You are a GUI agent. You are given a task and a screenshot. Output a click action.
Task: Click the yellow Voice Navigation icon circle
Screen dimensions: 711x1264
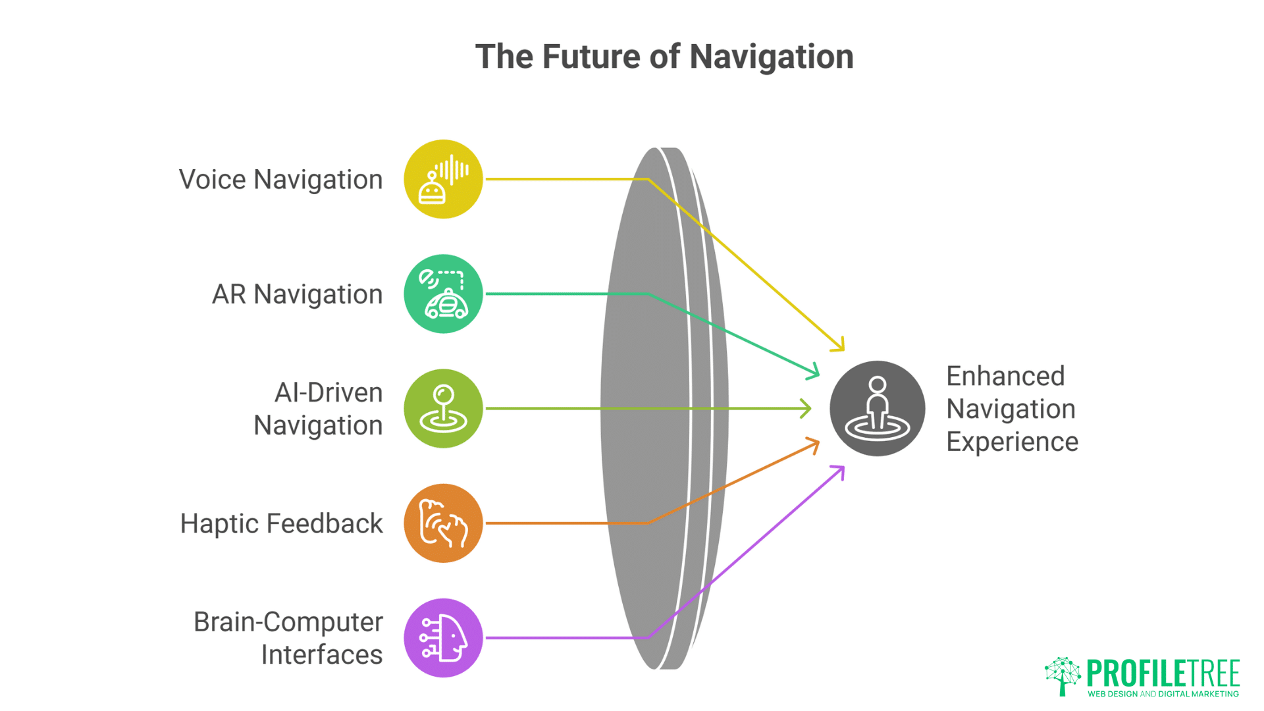coord(443,179)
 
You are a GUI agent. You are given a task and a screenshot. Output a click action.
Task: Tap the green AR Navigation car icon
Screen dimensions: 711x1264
coord(443,294)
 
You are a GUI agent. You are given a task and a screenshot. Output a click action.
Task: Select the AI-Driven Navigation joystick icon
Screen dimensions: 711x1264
coord(443,408)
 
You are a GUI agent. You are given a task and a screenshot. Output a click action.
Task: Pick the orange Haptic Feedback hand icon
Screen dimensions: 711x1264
coord(443,523)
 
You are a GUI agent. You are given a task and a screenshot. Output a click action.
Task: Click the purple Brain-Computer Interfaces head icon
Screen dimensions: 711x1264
coord(443,638)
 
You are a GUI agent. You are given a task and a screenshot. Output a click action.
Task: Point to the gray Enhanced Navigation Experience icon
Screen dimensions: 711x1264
coord(877,408)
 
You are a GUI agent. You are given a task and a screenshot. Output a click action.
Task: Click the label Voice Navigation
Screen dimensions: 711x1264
coord(280,180)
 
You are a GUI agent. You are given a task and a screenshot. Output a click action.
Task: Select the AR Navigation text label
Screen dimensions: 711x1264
coord(297,294)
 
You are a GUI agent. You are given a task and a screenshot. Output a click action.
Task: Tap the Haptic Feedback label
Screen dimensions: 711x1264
coord(281,524)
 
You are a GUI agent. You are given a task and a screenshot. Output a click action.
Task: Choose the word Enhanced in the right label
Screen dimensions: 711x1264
coord(1005,377)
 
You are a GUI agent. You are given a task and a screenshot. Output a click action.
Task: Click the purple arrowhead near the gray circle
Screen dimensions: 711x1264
coord(841,469)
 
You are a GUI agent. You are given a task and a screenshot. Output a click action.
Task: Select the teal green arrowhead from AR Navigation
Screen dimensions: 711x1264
coord(816,373)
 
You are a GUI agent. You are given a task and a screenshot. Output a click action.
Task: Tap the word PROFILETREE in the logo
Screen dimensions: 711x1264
coord(1163,673)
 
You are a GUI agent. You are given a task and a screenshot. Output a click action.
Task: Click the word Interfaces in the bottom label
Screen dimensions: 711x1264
coord(321,655)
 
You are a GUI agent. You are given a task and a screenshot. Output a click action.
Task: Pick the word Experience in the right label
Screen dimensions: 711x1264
coord(1012,442)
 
